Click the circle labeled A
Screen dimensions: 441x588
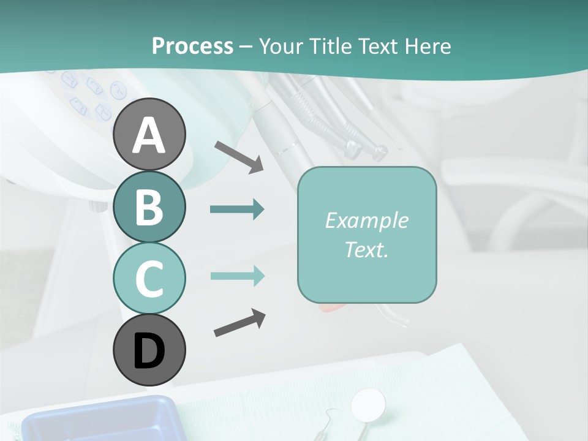point(149,134)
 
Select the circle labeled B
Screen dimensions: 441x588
point(149,207)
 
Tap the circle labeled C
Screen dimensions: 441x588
point(149,278)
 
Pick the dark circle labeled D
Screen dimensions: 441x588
point(149,350)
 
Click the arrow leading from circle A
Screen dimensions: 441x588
point(239,156)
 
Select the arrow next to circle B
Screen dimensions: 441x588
point(237,209)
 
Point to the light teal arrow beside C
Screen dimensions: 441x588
point(237,276)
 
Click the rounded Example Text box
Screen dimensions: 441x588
point(367,235)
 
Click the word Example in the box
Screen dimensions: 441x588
point(367,221)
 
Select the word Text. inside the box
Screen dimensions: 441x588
point(367,250)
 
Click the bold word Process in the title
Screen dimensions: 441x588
point(192,46)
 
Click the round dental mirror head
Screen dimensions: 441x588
point(368,402)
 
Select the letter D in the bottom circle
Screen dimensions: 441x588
point(149,352)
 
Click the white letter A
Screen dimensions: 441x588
point(149,135)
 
